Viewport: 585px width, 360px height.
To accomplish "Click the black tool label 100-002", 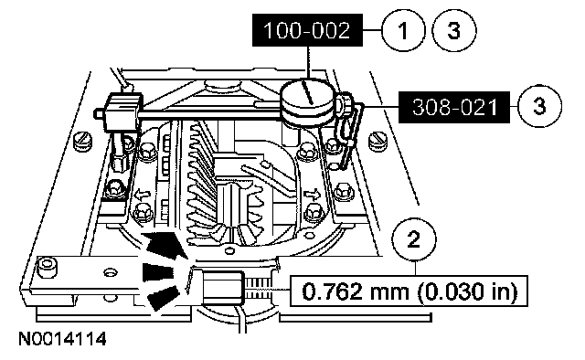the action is (x=307, y=30).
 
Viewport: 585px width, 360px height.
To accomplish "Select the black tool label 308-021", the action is (x=454, y=107).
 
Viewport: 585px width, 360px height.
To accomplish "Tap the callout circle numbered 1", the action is (x=403, y=30).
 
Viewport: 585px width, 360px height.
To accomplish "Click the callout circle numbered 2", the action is (x=414, y=240).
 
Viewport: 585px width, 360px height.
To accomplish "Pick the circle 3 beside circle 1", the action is (x=454, y=30).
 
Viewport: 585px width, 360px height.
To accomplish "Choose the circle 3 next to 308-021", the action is (x=540, y=106).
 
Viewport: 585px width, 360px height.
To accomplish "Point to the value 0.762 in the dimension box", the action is (x=332, y=291).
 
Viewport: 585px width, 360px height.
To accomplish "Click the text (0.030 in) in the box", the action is (x=467, y=291).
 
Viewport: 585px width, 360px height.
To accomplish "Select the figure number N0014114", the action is (x=62, y=339).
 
